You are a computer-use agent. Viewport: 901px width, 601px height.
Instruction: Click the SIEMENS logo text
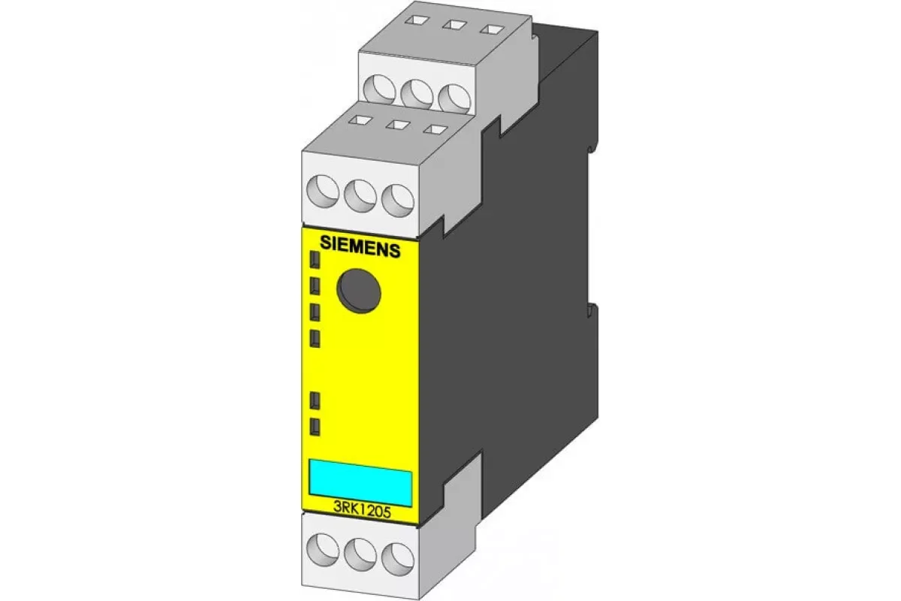[360, 246]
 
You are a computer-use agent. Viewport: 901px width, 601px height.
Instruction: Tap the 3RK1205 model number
[362, 512]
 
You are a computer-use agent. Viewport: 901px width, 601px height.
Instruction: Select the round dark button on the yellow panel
[359, 291]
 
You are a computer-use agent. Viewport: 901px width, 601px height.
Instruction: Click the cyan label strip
[360, 482]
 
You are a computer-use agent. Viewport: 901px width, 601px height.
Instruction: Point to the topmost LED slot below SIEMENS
[315, 260]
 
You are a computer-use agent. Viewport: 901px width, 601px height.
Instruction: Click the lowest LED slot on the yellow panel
[315, 427]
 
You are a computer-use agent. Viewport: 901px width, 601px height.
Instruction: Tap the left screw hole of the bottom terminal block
[323, 549]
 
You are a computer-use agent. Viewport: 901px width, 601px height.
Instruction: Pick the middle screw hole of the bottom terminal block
[360, 555]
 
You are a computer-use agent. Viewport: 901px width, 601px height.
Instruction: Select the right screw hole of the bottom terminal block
[398, 560]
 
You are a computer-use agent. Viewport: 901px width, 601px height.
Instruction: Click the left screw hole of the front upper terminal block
[323, 192]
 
